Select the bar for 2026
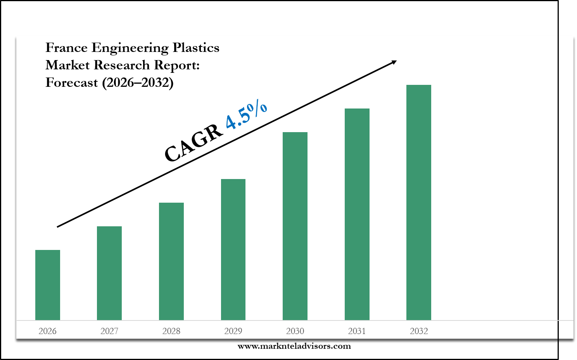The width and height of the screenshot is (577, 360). pos(48,285)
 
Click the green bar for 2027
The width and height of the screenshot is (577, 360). pos(109,273)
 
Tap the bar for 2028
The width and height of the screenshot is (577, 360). pos(171,261)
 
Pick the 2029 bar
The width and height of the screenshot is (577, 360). pos(233,250)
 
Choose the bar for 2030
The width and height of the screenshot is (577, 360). pos(295,226)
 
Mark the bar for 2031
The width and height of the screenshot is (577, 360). pos(357,214)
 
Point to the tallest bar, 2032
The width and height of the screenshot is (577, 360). pos(419,202)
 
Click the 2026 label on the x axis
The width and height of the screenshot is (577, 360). pos(48,331)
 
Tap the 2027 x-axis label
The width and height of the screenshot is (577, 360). pos(109,331)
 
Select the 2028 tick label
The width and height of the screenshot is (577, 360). pos(171,331)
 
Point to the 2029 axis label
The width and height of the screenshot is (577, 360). pos(233,331)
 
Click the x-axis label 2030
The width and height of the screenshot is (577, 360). pos(295,331)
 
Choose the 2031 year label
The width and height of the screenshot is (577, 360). pos(357,331)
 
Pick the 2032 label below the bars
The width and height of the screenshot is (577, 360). pos(419,331)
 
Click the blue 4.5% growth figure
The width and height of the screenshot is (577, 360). pos(247,115)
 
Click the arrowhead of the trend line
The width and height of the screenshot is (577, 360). pos(394,62)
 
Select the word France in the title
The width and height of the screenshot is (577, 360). pos(66,48)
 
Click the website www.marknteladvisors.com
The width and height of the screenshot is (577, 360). pos(294,346)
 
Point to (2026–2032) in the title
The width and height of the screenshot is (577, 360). pos(138,83)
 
